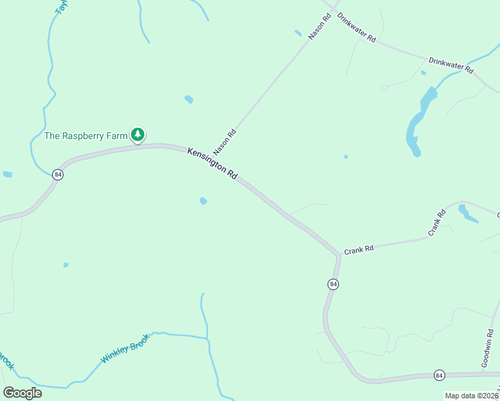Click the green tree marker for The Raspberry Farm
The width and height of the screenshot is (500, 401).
point(138,135)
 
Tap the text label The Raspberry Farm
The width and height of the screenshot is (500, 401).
point(85,136)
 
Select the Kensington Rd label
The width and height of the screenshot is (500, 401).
point(213,163)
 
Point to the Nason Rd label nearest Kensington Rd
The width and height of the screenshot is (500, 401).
point(225,142)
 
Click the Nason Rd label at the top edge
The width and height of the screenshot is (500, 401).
point(320,27)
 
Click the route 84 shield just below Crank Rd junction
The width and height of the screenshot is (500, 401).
point(333,284)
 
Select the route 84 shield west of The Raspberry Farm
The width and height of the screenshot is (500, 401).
point(57,174)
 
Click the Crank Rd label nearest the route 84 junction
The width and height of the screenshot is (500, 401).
point(358,250)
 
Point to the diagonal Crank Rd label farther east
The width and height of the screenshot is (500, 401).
point(436,223)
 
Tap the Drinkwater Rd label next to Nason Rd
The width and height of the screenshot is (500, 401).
point(356,28)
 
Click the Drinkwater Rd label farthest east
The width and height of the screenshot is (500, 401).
point(451,65)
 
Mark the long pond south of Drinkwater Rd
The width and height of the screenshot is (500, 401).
point(417,120)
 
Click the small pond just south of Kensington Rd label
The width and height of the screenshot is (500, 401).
point(203,200)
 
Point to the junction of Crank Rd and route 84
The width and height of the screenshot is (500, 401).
point(338,255)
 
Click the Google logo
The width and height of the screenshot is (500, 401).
point(22,393)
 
